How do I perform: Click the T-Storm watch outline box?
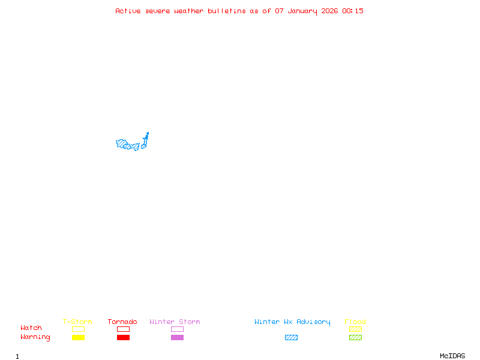point(78,329)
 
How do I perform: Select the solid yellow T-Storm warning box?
point(78,338)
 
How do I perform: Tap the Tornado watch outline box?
point(123,329)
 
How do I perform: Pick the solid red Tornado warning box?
point(123,338)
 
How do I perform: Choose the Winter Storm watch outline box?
point(177,329)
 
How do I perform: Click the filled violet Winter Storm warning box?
point(177,338)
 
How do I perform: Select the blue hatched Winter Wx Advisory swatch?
point(291,338)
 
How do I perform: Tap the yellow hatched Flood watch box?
point(355,329)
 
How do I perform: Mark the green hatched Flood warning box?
point(355,338)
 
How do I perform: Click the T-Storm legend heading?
point(77,322)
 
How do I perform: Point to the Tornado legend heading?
point(122,322)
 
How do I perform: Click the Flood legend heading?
point(355,322)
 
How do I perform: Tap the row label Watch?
point(31,328)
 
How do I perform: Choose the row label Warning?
point(35,337)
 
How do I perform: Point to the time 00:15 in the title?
point(353,11)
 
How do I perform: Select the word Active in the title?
point(128,11)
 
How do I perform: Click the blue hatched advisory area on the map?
point(128,145)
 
